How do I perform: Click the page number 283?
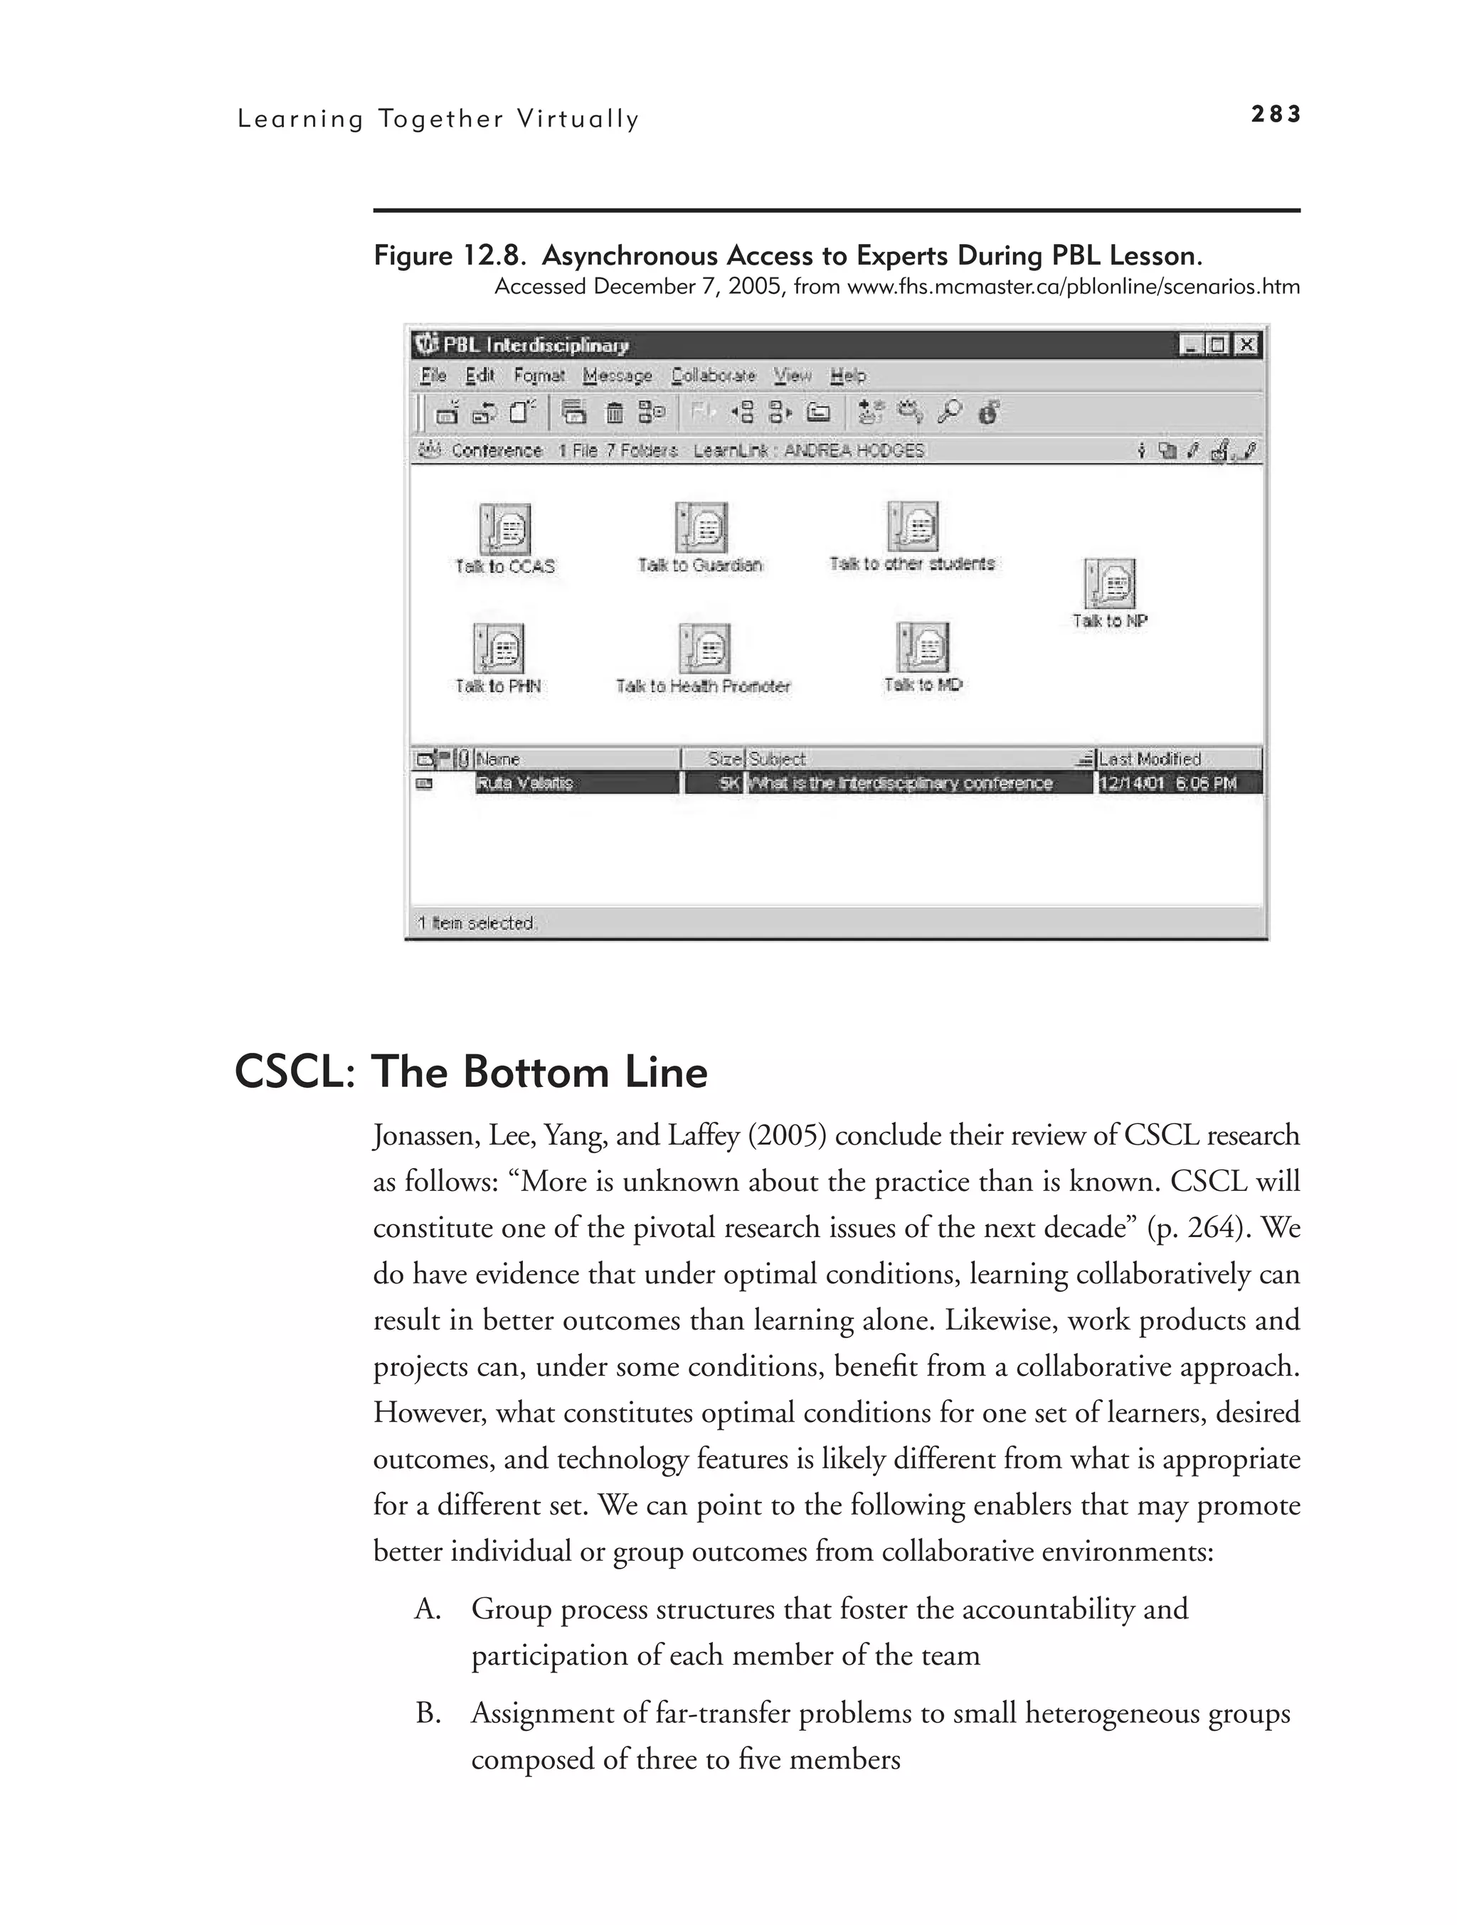point(1275,114)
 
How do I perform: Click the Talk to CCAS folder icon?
point(505,529)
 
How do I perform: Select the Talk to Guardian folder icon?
point(701,526)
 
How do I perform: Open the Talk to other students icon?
point(912,526)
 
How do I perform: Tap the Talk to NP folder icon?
point(1110,583)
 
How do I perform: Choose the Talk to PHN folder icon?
point(498,648)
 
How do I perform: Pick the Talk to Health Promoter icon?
point(704,648)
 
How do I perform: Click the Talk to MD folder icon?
point(923,647)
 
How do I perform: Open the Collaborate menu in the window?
point(713,375)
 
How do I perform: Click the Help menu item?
point(848,375)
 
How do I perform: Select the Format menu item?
point(539,375)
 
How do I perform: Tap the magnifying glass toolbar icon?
point(949,412)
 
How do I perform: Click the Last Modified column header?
point(1149,759)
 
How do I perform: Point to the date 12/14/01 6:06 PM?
point(1167,783)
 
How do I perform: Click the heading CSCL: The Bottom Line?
point(471,1071)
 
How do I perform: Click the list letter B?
point(428,1714)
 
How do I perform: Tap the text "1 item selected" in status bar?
point(476,923)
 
